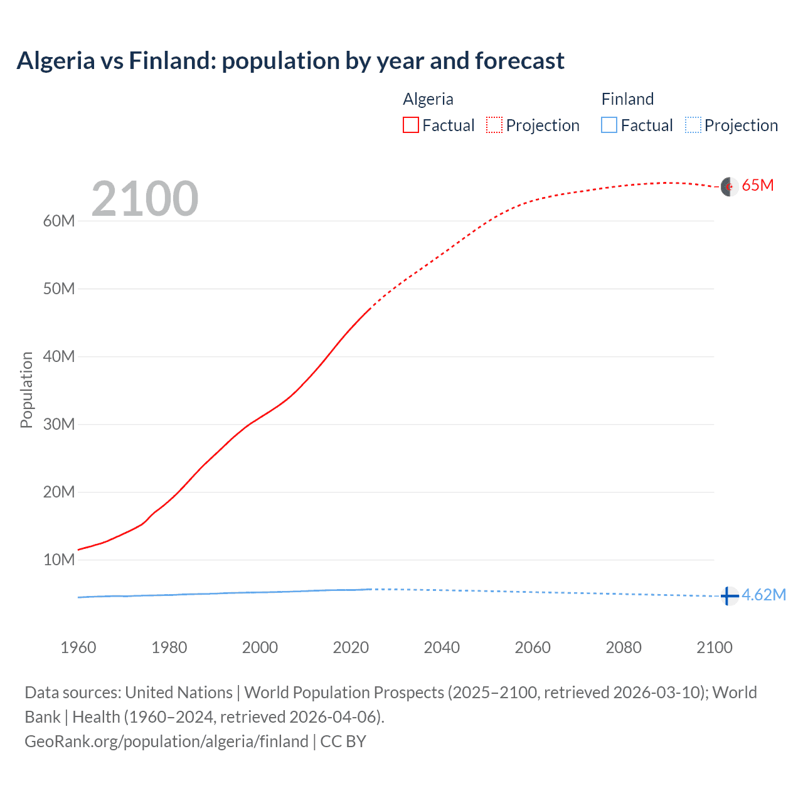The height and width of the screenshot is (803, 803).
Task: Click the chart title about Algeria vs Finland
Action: [290, 61]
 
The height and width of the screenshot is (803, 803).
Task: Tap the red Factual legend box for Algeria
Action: [411, 125]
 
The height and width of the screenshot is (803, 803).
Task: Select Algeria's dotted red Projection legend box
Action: [494, 125]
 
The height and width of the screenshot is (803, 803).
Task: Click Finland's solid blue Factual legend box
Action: [609, 125]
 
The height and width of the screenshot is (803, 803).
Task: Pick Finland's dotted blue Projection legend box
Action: [693, 125]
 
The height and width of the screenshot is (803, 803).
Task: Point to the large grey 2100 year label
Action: [145, 199]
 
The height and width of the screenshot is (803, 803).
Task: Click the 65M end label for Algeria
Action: [757, 186]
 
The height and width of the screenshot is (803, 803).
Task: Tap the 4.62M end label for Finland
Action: [763, 595]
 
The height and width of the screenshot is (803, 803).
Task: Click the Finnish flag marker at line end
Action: [728, 595]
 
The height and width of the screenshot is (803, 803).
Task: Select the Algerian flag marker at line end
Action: [728, 186]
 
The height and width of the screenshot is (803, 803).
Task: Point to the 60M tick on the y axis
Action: [59, 221]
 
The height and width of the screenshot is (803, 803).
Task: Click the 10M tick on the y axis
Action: [59, 560]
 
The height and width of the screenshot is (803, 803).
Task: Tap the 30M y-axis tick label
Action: [59, 424]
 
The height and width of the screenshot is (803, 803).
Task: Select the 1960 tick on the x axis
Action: [78, 647]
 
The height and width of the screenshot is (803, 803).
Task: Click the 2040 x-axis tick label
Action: [442, 647]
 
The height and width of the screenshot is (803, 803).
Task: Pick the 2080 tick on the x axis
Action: [624, 647]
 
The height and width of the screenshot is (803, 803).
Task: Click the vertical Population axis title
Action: [26, 390]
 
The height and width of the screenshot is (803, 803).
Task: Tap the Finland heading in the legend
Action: [627, 99]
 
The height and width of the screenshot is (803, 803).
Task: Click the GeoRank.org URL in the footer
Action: [166, 742]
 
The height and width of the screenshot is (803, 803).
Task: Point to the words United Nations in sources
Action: [179, 693]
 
